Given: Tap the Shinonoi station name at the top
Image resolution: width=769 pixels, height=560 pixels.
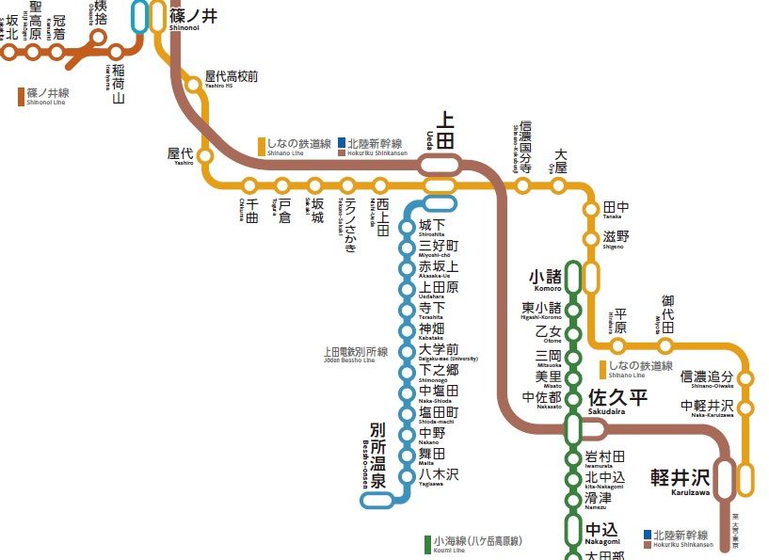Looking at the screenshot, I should coord(194,15).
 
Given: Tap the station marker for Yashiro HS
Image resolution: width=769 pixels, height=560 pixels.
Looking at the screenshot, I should coord(194,85).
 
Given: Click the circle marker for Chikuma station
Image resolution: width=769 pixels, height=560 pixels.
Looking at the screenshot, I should coord(249,185).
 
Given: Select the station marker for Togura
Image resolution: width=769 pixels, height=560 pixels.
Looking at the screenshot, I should coord(281,185).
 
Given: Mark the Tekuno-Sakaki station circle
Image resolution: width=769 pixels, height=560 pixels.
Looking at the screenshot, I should coord(347,185).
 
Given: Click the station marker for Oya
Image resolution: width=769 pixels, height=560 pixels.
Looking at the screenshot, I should coord(558,185).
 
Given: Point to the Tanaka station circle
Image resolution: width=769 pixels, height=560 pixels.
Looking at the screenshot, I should coord(591,209).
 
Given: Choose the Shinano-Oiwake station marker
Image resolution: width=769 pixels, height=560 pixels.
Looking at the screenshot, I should coord(746,378).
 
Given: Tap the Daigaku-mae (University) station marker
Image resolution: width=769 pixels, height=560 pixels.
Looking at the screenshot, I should coord(407,351).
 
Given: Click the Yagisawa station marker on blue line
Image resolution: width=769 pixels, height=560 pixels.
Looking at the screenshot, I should coord(407,476).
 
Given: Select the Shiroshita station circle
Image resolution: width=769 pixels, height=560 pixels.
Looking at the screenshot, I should coord(407,226).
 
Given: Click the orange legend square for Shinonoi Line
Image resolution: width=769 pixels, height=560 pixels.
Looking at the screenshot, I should coord(21,95).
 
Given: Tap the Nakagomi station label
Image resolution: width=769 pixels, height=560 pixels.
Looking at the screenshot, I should coord(602,532).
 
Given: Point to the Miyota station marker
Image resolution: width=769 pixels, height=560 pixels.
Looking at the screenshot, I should coord(665,346).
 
